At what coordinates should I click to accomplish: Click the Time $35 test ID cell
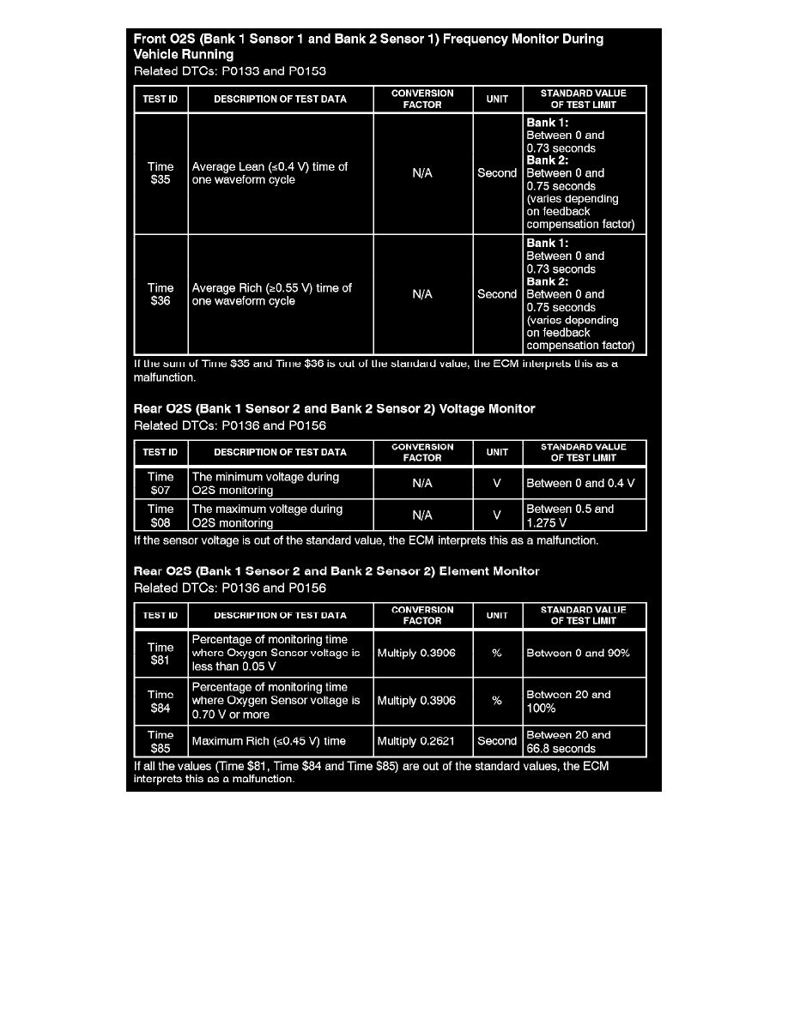click(x=161, y=173)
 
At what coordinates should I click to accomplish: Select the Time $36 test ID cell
click(x=161, y=294)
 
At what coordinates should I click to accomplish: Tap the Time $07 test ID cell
click(x=161, y=484)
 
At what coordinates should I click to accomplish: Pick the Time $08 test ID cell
click(x=161, y=516)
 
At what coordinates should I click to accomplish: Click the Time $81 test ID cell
click(x=161, y=654)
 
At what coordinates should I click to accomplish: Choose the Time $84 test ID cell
click(x=161, y=701)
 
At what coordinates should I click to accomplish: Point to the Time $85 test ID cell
click(x=161, y=741)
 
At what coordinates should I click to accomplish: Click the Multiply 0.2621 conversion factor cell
click(x=422, y=741)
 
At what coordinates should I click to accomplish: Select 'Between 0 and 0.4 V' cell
click(x=584, y=484)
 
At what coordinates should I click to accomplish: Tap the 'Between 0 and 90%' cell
click(x=584, y=654)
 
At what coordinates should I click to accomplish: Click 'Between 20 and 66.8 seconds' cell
click(x=584, y=741)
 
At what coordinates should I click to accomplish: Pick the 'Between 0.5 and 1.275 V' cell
click(x=584, y=516)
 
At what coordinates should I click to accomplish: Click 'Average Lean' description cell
click(x=280, y=173)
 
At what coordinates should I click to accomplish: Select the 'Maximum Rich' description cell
click(x=280, y=741)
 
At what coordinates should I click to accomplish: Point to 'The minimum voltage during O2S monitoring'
click(x=280, y=484)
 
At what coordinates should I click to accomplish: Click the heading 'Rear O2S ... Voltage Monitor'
click(x=335, y=409)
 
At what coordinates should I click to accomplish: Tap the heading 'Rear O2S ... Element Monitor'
click(x=336, y=571)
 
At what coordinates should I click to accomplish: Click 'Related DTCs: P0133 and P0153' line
click(x=230, y=71)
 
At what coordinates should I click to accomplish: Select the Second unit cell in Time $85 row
click(x=497, y=741)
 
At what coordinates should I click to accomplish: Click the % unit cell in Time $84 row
click(x=497, y=701)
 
